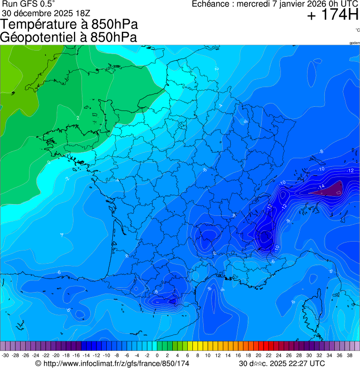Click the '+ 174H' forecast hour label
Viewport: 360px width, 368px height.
[332, 15]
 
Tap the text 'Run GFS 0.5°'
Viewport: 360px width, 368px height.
[29, 4]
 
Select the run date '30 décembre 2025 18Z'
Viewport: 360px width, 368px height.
[49, 13]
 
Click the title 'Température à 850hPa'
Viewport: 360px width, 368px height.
[69, 24]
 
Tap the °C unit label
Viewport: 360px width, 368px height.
[357, 30]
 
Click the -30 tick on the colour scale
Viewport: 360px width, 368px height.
[5, 356]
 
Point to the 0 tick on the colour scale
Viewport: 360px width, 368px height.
[157, 356]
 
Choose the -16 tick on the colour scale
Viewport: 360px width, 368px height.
[76, 356]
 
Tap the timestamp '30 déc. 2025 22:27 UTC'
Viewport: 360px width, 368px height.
[281, 363]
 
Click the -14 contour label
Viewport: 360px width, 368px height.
[321, 187]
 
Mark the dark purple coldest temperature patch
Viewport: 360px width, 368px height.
[333, 189]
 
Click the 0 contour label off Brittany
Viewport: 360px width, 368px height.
[49, 162]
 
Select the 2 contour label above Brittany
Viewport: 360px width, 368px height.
[78, 118]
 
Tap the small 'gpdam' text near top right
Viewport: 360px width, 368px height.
[354, 43]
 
